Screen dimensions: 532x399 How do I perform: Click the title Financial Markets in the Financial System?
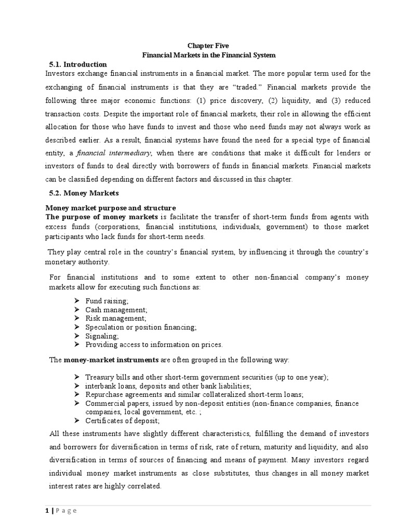point(208,55)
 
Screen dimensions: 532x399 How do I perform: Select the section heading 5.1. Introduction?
point(77,64)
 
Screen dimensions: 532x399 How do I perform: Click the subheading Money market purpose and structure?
point(112,208)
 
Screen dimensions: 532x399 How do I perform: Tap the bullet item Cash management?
point(116,310)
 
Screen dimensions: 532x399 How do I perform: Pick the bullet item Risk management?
point(116,318)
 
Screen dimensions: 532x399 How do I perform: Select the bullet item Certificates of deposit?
point(123,420)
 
